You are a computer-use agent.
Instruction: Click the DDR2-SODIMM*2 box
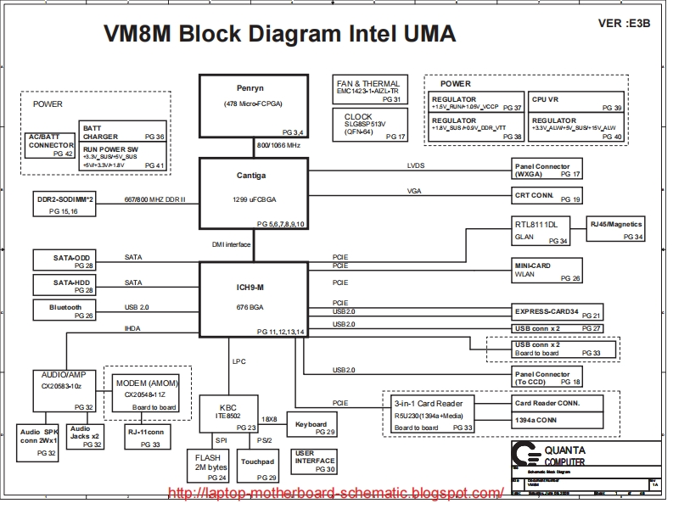(65, 203)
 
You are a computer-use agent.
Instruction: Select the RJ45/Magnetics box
(617, 230)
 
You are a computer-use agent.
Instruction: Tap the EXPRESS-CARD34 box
(558, 311)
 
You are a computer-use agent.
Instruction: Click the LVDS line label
(416, 166)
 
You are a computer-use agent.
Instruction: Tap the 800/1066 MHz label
(278, 145)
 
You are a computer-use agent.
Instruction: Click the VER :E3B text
(625, 23)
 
